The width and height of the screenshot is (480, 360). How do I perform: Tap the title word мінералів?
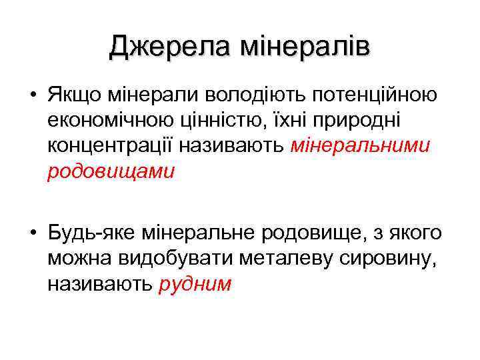point(305,46)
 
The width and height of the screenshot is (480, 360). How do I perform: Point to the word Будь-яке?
point(86,233)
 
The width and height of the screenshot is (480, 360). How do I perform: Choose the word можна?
point(78,259)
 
